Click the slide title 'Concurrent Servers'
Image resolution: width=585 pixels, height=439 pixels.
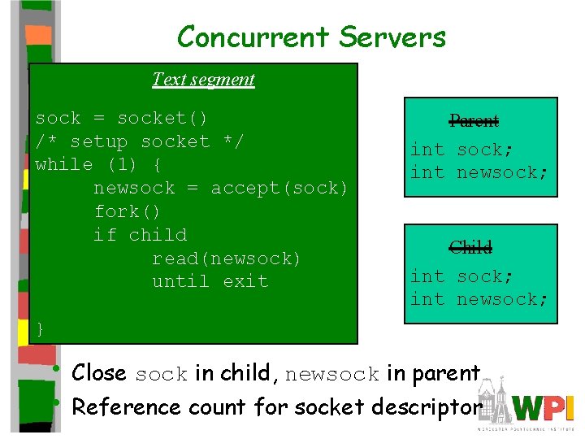311,37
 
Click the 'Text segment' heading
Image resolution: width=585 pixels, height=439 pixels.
203,80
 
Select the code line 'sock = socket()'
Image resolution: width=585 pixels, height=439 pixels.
122,118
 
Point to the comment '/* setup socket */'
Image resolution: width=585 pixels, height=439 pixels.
140,141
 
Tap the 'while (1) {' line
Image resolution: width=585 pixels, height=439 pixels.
98,164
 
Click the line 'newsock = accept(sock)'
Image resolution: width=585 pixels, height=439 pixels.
221,188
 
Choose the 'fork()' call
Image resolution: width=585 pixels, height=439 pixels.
128,211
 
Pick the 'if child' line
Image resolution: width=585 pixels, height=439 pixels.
140,235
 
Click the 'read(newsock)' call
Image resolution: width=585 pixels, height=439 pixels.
227,259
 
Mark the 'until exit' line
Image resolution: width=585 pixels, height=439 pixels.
210,281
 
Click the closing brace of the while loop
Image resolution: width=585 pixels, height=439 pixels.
41,328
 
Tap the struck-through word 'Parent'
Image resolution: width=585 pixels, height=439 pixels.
474,121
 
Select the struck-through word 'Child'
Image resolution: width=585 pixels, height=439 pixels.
471,247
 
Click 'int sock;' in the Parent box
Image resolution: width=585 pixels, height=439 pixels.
457,149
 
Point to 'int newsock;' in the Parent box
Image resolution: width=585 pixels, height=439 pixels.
479,172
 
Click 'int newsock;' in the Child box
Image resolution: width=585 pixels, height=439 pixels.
479,299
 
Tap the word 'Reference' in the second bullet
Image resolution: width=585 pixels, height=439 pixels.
119,406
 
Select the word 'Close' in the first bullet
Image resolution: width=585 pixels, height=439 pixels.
99,373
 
